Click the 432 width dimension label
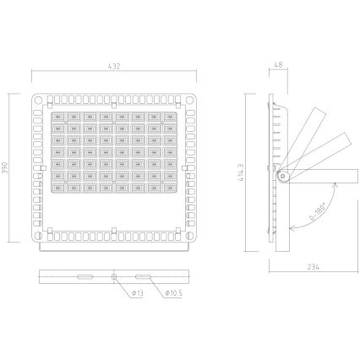pos(112,66)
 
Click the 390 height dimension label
pos(8,167)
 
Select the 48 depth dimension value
pos(280,66)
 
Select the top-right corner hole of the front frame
pos(183,99)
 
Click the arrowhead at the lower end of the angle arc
pos(292,227)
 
